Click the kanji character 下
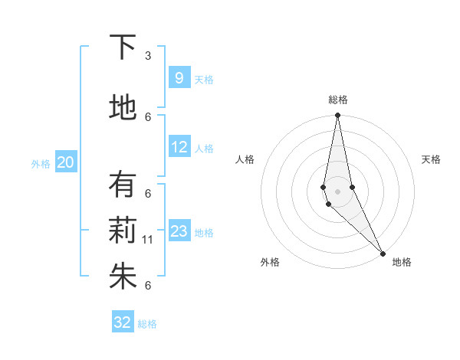[123, 47]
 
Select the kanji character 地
[123, 108]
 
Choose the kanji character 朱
[123, 277]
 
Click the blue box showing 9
[179, 78]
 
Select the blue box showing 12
[179, 147]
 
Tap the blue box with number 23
[179, 231]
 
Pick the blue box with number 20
[65, 162]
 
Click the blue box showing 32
[123, 322]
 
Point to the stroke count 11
[148, 240]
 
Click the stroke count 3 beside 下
[148, 56]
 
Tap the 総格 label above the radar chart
[338, 100]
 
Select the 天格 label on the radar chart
[431, 159]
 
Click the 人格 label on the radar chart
[245, 159]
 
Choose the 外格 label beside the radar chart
[270, 262]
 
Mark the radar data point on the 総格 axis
[338, 116]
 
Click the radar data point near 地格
[383, 252]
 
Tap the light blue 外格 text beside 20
[40, 164]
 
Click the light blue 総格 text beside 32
[147, 324]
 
